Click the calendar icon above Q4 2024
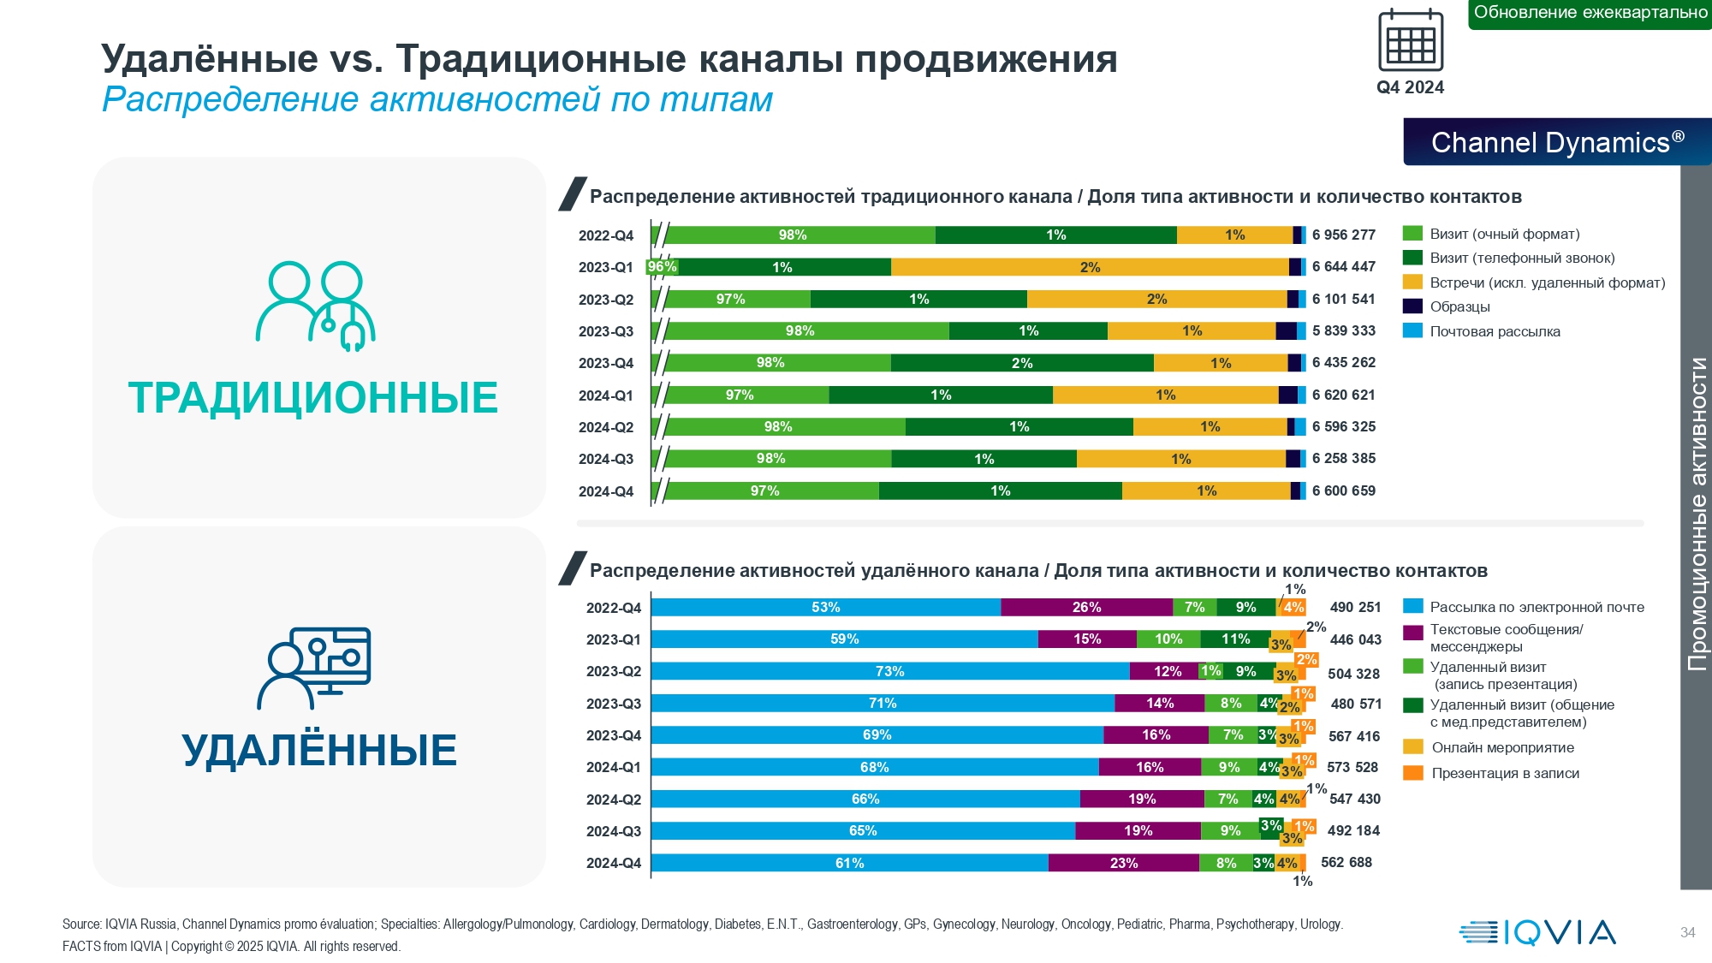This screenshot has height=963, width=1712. pos(1410,40)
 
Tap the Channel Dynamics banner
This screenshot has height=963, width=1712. pos(1557,142)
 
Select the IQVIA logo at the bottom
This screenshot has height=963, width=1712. pos(1537,932)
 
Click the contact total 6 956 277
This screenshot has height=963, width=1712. pos(1343,235)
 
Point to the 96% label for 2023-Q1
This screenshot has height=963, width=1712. pos(662,267)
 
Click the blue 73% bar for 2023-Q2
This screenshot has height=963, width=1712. pos(889,671)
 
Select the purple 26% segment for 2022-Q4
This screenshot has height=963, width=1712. pos(1086,608)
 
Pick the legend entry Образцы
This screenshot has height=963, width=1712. pos(1459,306)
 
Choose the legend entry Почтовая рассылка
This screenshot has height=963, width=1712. pos(1494,331)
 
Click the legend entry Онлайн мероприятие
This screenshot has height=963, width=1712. pos(1501,747)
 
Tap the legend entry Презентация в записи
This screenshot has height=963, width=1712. pos(1505,773)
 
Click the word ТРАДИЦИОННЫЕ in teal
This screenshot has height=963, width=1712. pos(313,398)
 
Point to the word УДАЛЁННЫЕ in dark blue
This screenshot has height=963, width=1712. pos(319,750)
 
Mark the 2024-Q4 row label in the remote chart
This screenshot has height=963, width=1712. pos(613,863)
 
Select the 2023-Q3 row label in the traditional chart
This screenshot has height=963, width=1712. pos(605,331)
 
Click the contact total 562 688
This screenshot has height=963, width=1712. pos(1346,862)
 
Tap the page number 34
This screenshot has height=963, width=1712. pos(1687,932)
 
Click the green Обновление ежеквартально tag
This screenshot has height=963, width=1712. pos(1590,13)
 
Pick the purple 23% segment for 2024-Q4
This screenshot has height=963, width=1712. pos(1123,863)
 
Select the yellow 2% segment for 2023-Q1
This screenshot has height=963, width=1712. pos(1090,267)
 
